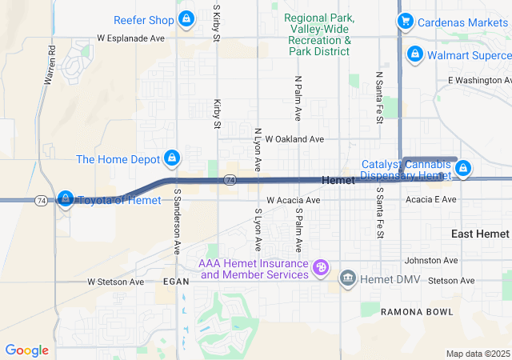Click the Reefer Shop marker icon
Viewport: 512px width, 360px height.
click(x=186, y=19)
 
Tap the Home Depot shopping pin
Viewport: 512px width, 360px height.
click(x=171, y=158)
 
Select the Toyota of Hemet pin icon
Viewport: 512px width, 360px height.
click(x=66, y=198)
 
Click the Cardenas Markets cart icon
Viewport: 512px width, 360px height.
click(x=406, y=22)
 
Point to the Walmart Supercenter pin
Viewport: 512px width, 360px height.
click(x=414, y=54)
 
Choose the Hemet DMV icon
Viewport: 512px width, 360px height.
click(x=348, y=278)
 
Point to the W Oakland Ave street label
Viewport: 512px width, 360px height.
click(x=294, y=139)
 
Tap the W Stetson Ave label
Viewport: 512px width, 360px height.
click(x=115, y=282)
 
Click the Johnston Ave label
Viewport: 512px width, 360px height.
click(x=431, y=261)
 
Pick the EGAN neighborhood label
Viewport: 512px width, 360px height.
click(x=175, y=282)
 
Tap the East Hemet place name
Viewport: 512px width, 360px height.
click(x=480, y=234)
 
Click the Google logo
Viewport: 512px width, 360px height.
click(x=27, y=350)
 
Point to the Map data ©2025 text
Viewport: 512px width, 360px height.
click(x=477, y=354)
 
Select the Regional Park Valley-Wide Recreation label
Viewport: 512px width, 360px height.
click(x=320, y=34)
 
